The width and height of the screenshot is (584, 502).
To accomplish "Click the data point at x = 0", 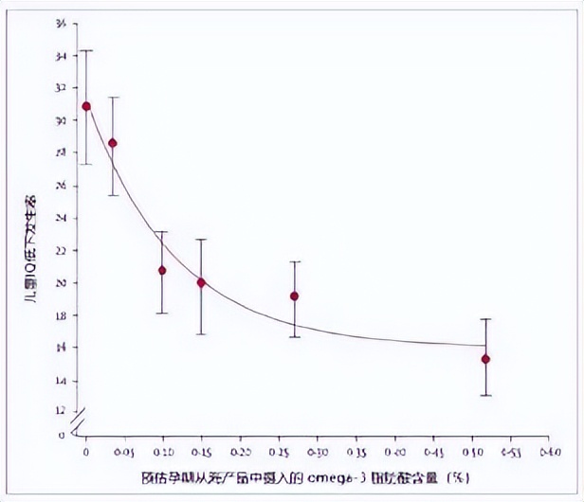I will (86, 106).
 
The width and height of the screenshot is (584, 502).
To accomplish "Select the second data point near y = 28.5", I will (113, 143).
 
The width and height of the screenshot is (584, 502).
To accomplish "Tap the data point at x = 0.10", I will (162, 270).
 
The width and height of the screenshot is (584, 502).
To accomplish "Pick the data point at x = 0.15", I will (201, 282).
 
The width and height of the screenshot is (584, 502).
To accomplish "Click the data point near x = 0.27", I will (294, 296).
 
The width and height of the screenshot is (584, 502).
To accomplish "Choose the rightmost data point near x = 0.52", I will (485, 359).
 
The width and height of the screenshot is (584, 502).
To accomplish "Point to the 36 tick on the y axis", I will (62, 24).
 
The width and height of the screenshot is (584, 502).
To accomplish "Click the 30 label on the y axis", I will (62, 121).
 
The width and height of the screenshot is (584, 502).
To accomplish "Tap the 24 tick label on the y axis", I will (62, 218).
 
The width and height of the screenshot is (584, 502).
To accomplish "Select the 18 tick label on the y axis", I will (62, 315).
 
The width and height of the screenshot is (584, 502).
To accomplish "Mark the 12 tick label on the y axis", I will (62, 412).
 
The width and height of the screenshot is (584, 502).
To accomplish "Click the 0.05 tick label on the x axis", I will (124, 452).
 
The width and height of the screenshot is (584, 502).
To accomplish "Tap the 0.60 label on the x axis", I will (549, 452).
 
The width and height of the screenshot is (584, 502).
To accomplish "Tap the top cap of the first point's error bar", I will (86, 50).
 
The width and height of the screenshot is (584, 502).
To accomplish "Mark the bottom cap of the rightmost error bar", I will (485, 395).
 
